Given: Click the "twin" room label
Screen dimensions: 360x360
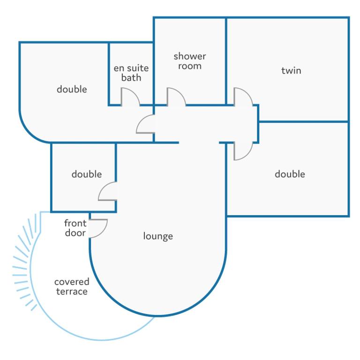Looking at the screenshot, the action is point(291,70).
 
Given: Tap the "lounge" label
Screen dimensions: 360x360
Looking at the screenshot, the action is point(158,236).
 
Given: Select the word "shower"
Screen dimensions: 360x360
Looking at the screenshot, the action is point(190,56).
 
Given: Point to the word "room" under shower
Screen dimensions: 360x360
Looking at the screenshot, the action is point(190,66).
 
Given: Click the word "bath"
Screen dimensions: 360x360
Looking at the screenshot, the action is point(131,78).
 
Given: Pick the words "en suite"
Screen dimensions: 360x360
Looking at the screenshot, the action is point(131,68).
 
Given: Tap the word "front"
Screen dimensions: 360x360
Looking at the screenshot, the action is point(75,223).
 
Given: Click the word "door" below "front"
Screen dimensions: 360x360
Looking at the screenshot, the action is point(75,233).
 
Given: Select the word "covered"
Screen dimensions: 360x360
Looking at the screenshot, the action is point(72,282).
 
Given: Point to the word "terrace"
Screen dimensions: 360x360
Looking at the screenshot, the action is point(72,292).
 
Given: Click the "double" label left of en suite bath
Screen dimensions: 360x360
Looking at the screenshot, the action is point(72,89).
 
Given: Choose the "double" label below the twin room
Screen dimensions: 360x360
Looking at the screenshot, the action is point(290,174).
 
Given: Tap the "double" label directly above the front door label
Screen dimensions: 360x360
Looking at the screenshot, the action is point(87,174).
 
